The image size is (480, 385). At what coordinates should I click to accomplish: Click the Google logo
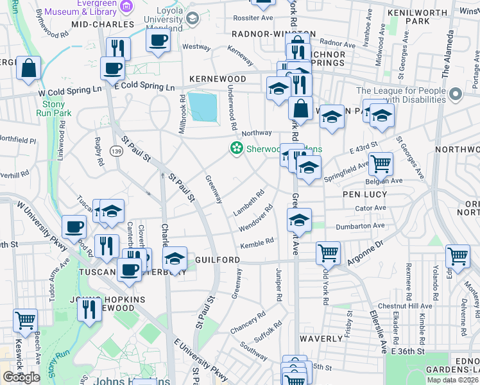(21, 377)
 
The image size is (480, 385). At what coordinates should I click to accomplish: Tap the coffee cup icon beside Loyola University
(158, 40)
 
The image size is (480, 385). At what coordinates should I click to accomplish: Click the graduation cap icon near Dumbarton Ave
(299, 220)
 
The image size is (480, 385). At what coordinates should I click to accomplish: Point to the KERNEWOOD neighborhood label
(218, 78)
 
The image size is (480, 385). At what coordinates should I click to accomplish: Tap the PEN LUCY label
(365, 194)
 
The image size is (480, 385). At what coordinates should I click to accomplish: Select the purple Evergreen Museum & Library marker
(127, 7)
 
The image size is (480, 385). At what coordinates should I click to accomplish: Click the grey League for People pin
(456, 95)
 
